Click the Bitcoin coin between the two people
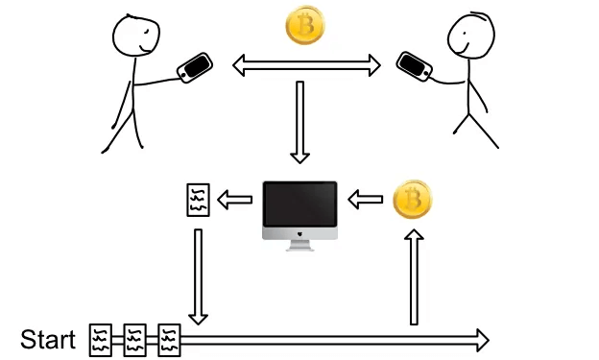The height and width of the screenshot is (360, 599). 305,28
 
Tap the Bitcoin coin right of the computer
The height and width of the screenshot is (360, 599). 413,201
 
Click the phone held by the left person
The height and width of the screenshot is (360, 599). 195,67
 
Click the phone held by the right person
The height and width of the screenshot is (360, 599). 415,66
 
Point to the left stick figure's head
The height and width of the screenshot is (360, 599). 132,37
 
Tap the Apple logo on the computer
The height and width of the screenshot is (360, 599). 299,233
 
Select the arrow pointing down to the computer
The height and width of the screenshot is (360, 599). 300,122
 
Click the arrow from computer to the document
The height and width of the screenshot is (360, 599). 234,200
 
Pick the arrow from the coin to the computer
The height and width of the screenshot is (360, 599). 365,200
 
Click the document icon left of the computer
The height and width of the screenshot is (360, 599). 196,200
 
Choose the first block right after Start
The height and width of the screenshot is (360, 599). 101,339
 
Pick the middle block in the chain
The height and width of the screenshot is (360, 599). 135,339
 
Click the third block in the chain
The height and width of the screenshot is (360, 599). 169,339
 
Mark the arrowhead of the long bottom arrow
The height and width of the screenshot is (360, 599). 480,339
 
